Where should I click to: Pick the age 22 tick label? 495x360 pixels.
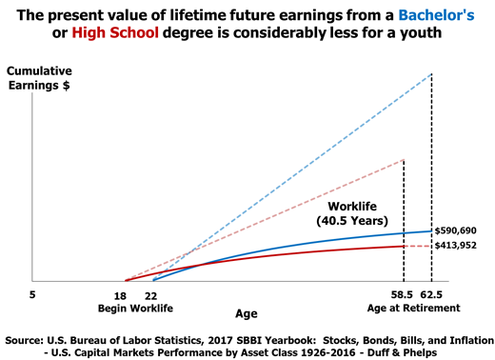(151, 295)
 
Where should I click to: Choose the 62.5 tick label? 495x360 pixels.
(434, 295)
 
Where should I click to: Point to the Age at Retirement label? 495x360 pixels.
(416, 309)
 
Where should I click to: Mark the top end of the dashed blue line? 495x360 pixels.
(431, 74)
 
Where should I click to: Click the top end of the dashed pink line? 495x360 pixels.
(404, 159)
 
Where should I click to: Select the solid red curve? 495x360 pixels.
(286, 255)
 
